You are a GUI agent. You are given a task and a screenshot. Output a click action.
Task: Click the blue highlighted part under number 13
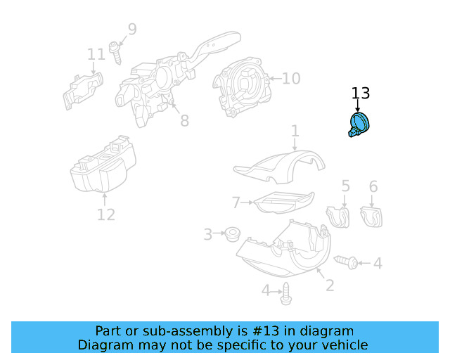pyautogui.click(x=359, y=125)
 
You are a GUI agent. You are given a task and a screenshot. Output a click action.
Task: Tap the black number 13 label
pyautogui.click(x=360, y=94)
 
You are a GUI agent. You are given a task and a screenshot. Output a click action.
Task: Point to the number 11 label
pyautogui.click(x=96, y=54)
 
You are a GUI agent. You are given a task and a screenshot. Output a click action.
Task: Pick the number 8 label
pyautogui.click(x=184, y=121)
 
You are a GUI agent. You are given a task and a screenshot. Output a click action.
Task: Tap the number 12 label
pyautogui.click(x=105, y=214)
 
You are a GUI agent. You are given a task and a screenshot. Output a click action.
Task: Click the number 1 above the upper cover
pyautogui.click(x=295, y=131)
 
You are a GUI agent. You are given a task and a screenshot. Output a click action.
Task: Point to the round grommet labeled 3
pyautogui.click(x=230, y=233)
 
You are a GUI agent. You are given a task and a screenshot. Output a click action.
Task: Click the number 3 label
pyautogui.click(x=207, y=234)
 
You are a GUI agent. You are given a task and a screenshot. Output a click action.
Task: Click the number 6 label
pyautogui.click(x=373, y=186)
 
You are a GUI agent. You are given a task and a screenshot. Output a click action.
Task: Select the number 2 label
pyautogui.click(x=329, y=285)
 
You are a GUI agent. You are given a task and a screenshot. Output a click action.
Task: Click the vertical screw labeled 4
pyautogui.click(x=286, y=296)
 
